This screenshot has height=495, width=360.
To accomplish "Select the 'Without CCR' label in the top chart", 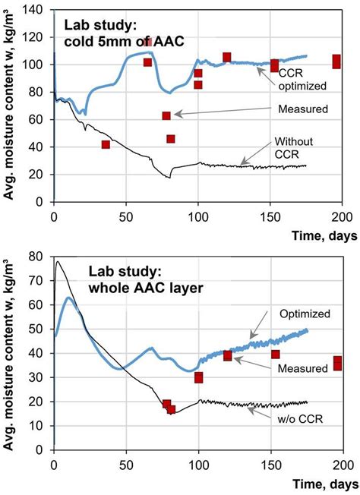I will (293, 148).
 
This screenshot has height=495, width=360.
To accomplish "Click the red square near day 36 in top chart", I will (106, 145).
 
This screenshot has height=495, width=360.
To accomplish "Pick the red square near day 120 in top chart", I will (226, 58).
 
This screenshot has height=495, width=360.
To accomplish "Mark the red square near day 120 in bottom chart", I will (227, 355).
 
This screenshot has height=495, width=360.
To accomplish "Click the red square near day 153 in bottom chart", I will (275, 354).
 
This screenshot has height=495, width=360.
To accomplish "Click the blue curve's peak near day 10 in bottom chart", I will (68, 298).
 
